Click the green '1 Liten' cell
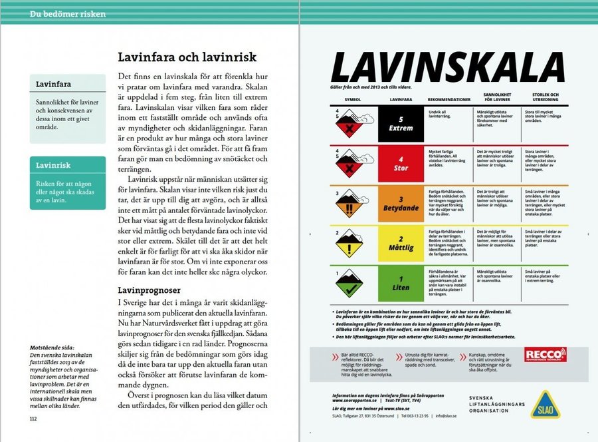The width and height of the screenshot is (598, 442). [x=401, y=284]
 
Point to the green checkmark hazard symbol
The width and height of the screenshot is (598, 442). [x=349, y=287]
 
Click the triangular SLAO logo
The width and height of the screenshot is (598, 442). [x=544, y=404]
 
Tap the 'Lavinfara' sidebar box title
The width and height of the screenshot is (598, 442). [x=55, y=85]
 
